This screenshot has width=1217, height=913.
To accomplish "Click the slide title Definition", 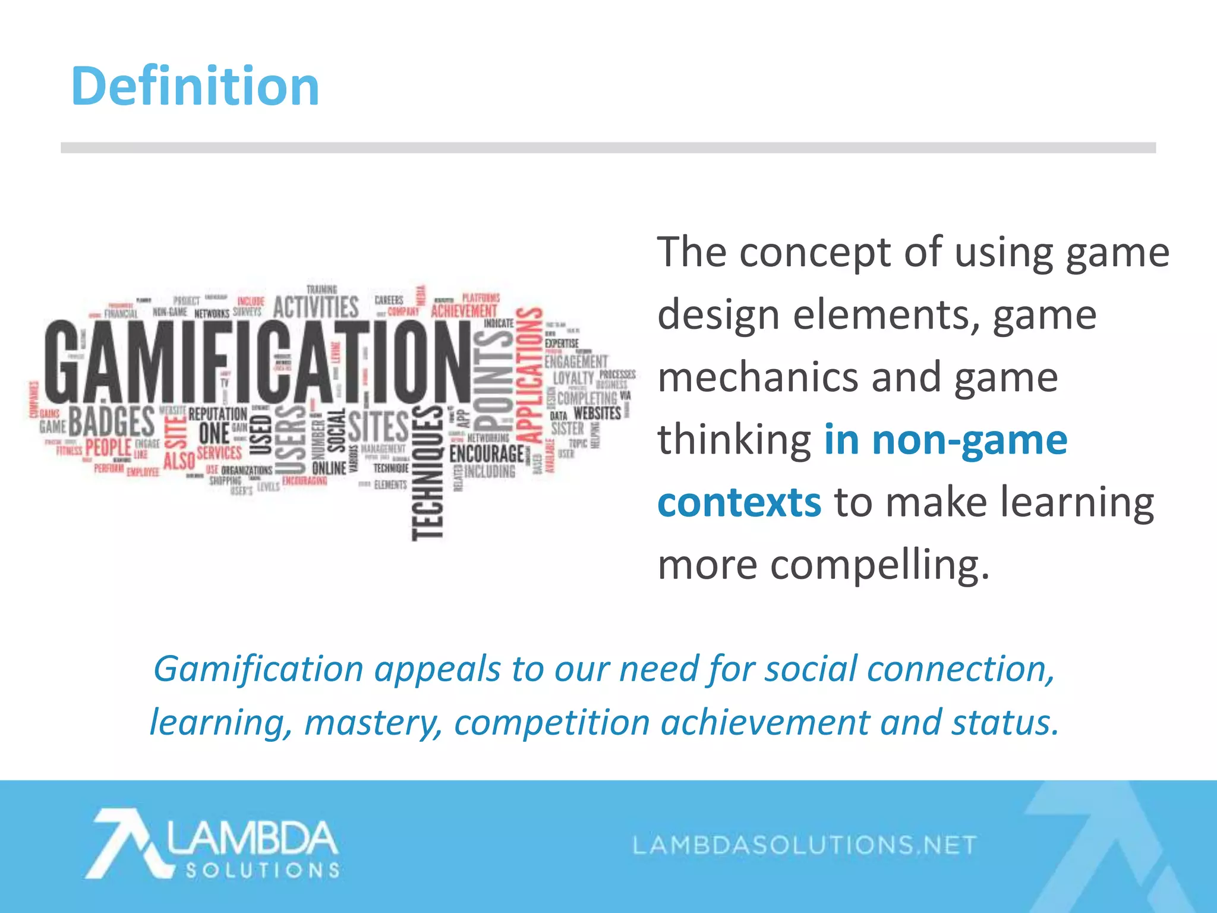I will [x=195, y=87].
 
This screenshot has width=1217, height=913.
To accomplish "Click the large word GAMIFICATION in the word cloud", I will [x=256, y=363].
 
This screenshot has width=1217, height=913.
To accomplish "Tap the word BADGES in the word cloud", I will [x=112, y=422].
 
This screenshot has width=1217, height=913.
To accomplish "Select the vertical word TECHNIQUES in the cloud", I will [x=428, y=473].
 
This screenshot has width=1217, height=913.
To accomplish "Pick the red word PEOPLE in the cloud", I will [x=108, y=447].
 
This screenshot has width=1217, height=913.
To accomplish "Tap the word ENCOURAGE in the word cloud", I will [x=487, y=454].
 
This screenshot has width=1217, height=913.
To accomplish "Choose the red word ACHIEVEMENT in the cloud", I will [x=464, y=311].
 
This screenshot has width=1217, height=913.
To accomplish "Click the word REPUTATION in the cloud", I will [x=217, y=414].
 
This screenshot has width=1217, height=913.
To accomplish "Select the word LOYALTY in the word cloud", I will [x=573, y=378].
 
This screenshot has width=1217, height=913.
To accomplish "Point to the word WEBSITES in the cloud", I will [x=597, y=413].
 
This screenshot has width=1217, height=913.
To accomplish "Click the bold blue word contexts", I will [x=739, y=502].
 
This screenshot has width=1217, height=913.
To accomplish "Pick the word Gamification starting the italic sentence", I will [x=258, y=669].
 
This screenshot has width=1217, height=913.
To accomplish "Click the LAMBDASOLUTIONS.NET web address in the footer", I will [x=805, y=845].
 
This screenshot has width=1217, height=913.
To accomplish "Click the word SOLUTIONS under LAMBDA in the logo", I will [x=263, y=871].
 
